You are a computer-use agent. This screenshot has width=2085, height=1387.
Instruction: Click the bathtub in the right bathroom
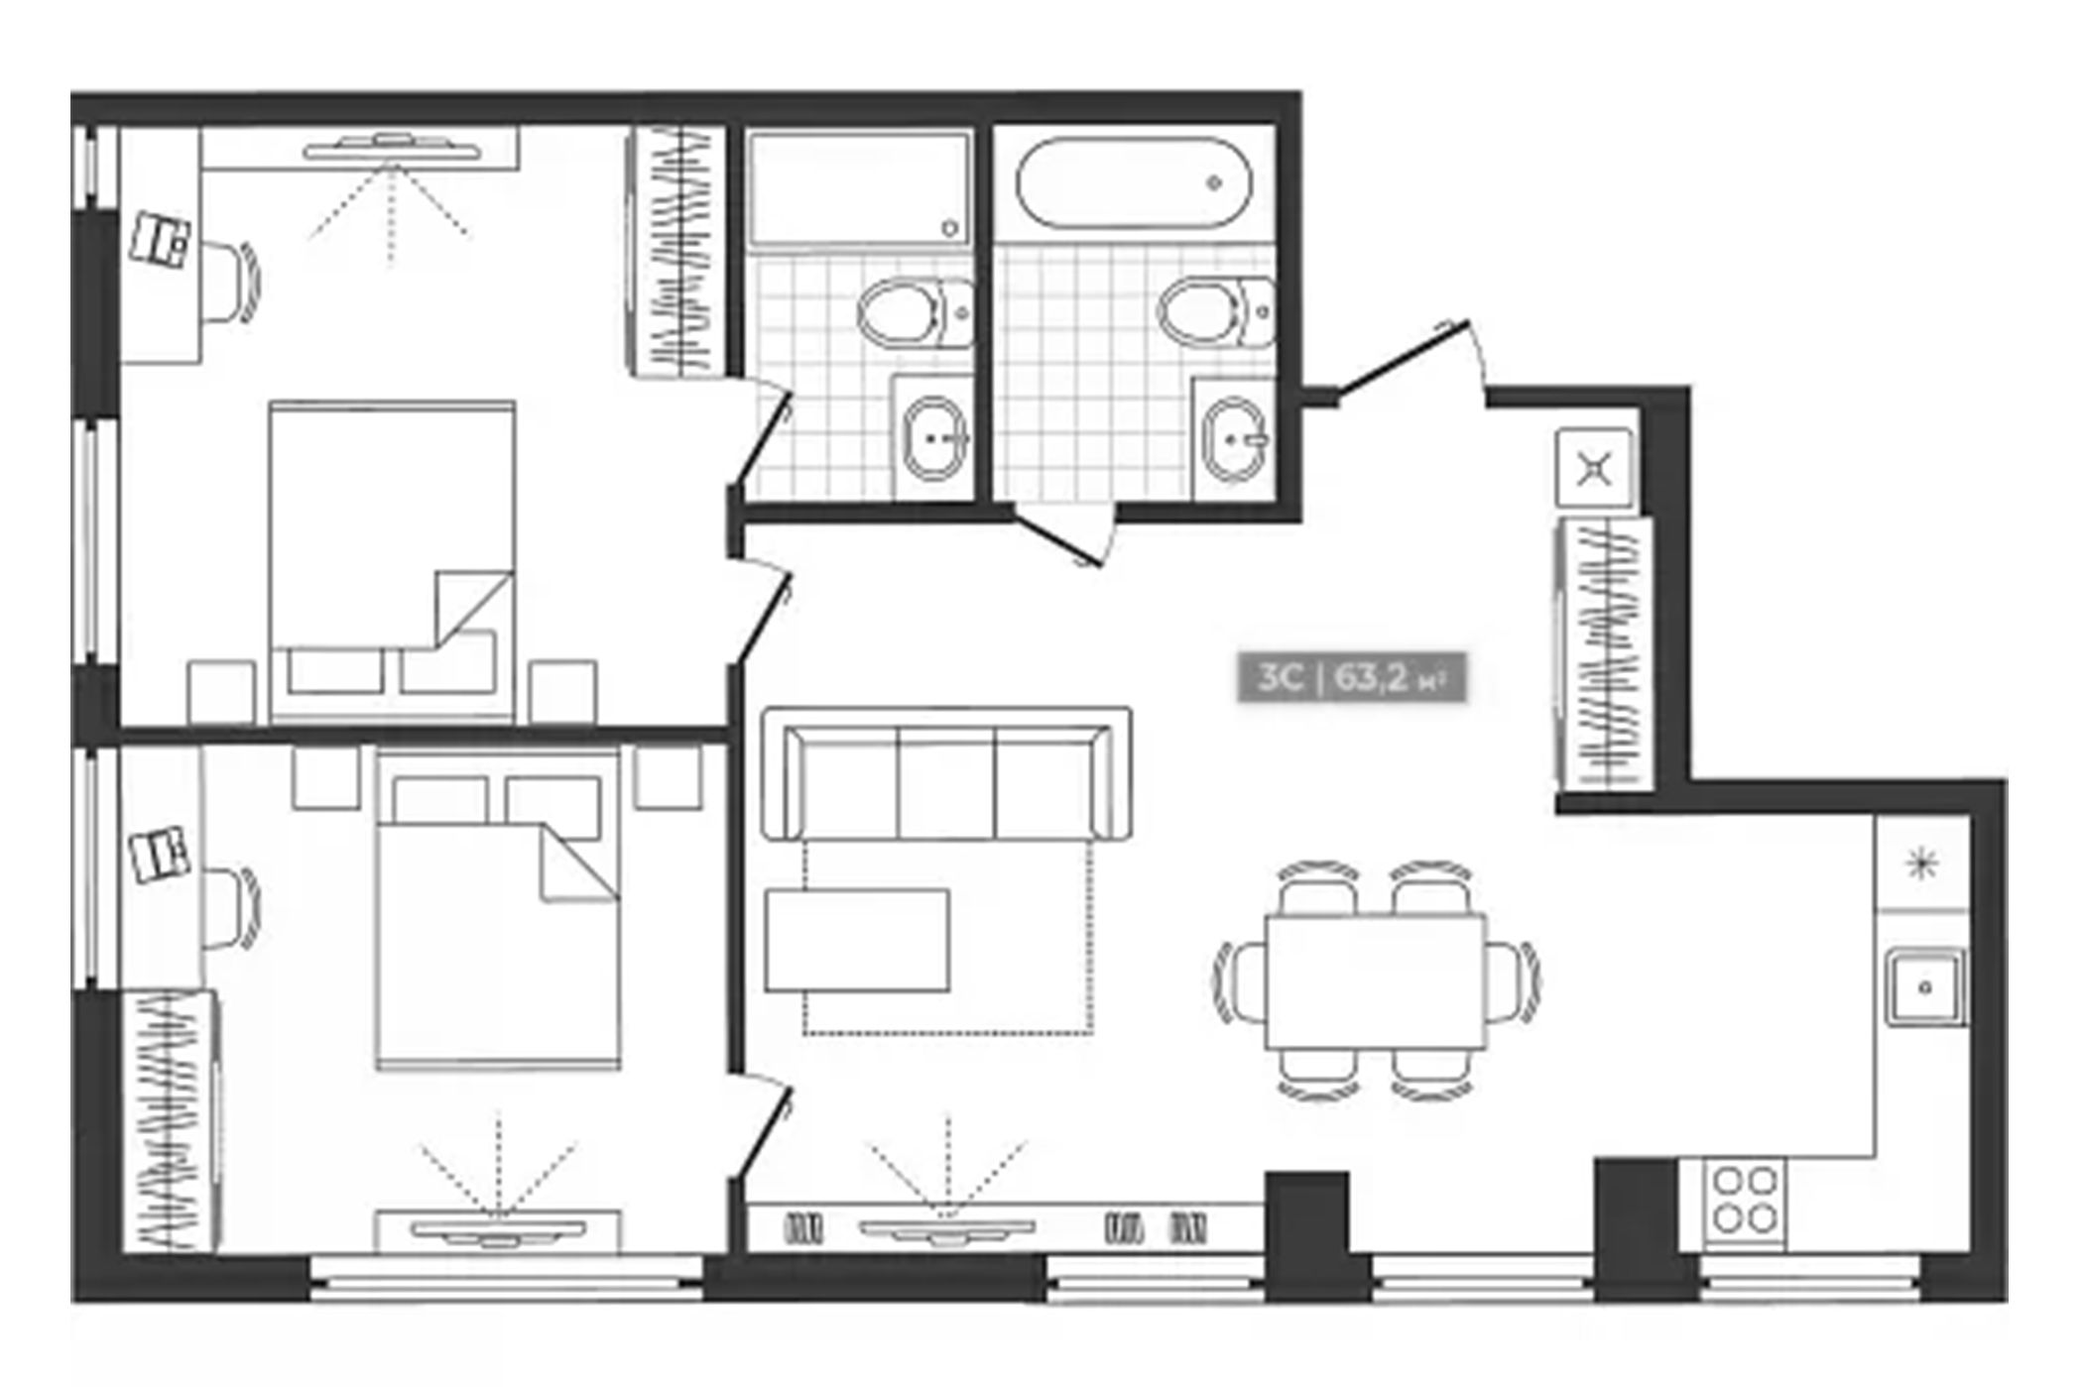(x=1134, y=185)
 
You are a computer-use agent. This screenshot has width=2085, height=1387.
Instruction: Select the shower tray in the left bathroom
(x=858, y=188)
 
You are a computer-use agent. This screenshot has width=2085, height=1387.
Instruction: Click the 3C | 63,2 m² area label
(x=1351, y=678)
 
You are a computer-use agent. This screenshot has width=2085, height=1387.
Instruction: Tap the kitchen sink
(x=1924, y=986)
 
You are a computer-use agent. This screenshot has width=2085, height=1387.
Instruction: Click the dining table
(x=1376, y=982)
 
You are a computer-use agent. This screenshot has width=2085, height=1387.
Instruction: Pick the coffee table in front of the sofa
(x=857, y=940)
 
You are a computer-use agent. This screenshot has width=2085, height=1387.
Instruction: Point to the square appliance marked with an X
(x=1594, y=469)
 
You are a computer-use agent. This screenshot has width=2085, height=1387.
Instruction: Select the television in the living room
(x=946, y=1230)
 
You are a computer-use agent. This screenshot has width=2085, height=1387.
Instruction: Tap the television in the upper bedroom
(x=393, y=149)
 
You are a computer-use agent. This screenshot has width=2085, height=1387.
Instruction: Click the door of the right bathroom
(x=1059, y=540)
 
